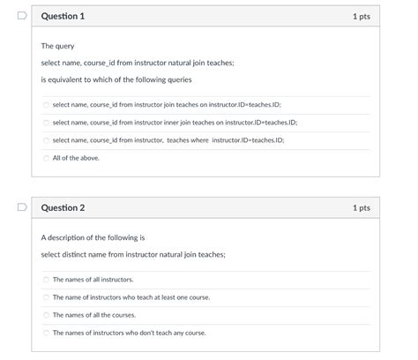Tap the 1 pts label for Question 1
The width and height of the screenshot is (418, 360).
[361, 17]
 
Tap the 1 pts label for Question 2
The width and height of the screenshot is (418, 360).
[361, 208]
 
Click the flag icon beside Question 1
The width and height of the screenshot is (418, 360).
[22, 16]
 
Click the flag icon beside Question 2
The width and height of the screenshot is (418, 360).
[22, 208]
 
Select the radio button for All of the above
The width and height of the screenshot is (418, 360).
[47, 158]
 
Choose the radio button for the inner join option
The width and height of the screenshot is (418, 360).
[47, 123]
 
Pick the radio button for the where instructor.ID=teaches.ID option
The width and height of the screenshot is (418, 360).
[47, 140]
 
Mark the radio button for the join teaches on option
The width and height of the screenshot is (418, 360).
[47, 105]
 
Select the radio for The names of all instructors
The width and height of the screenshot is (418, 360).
[47, 280]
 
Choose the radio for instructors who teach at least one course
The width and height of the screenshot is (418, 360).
[47, 297]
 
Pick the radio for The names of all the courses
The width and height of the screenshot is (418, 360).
[47, 315]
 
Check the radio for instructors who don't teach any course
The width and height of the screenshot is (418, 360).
[47, 333]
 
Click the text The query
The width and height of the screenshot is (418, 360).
[58, 46]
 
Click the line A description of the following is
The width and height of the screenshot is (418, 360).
[93, 237]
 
